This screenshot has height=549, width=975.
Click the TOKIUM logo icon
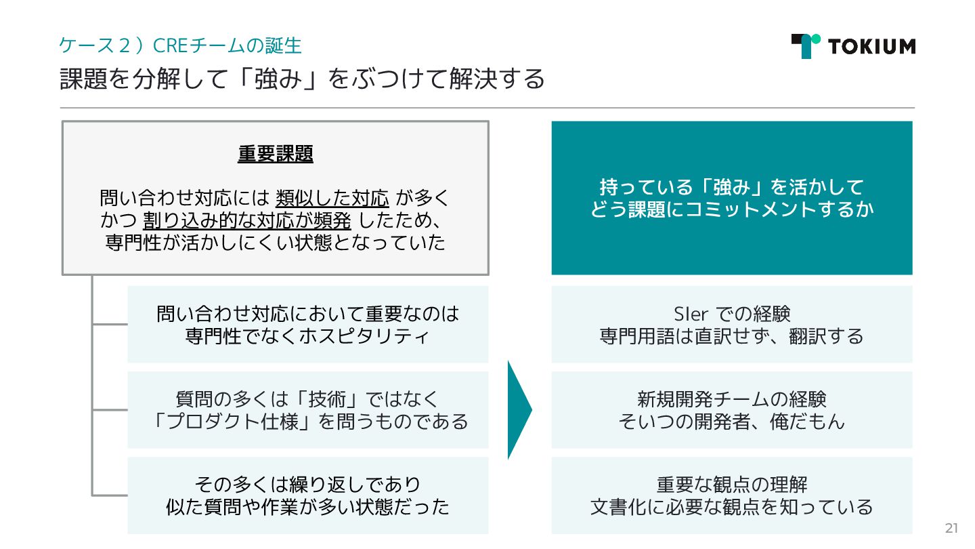(x=805, y=45)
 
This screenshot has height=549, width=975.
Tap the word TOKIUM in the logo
(x=871, y=46)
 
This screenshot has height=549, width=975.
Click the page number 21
(x=951, y=529)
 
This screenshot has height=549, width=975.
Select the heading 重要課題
(x=275, y=155)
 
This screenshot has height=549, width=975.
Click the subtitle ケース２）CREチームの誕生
(x=180, y=45)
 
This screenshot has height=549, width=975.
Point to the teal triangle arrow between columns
(x=519, y=409)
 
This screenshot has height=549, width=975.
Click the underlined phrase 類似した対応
(x=332, y=199)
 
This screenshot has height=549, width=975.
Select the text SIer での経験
(x=732, y=314)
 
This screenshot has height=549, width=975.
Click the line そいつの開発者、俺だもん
(x=732, y=421)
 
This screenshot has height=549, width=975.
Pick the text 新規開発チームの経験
(x=732, y=399)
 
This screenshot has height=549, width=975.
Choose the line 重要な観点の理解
(x=732, y=485)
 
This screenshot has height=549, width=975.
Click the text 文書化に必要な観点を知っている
(x=732, y=506)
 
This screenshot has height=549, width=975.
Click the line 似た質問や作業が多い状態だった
(x=307, y=506)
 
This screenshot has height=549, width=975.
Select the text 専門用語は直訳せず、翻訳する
(x=732, y=335)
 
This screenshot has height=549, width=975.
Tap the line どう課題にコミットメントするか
(x=732, y=209)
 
